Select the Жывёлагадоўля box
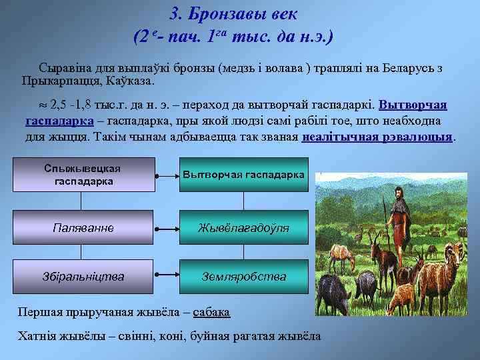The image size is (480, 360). pos(243,227)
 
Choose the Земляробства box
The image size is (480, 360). pos(243,276)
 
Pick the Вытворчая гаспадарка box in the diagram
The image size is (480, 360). pos(243,174)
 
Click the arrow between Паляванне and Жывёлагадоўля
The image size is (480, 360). pos(166,227)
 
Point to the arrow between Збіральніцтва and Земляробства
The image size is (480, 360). pos(166,276)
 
